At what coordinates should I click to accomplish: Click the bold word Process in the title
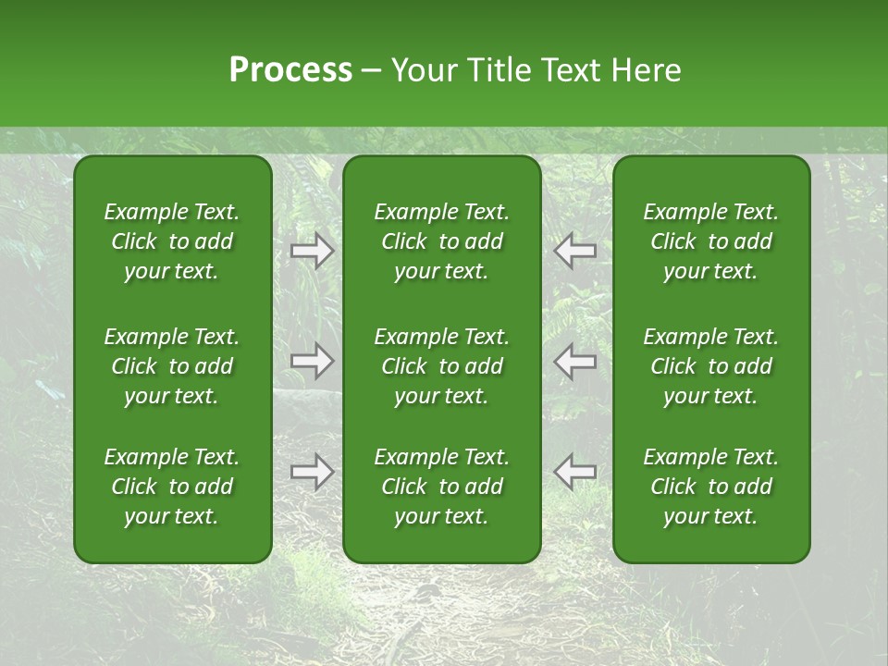click(x=290, y=70)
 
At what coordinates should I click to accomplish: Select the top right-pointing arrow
click(x=313, y=251)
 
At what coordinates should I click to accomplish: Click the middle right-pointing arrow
click(x=313, y=361)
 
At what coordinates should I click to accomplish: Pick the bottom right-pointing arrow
click(x=313, y=472)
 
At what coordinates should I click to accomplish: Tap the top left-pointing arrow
click(x=574, y=251)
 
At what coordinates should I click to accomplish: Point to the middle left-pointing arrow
click(x=574, y=361)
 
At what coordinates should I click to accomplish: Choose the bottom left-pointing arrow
click(x=574, y=472)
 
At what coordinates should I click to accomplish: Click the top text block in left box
click(x=172, y=241)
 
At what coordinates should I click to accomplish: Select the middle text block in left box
click(x=172, y=366)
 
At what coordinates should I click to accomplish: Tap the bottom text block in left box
click(x=172, y=487)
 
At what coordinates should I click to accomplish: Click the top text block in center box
click(x=441, y=241)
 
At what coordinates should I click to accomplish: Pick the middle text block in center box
click(x=441, y=366)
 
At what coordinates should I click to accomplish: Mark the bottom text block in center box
click(x=441, y=487)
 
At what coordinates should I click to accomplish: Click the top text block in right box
click(x=710, y=241)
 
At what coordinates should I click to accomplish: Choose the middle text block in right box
click(x=710, y=366)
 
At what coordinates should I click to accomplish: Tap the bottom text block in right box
click(x=710, y=487)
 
